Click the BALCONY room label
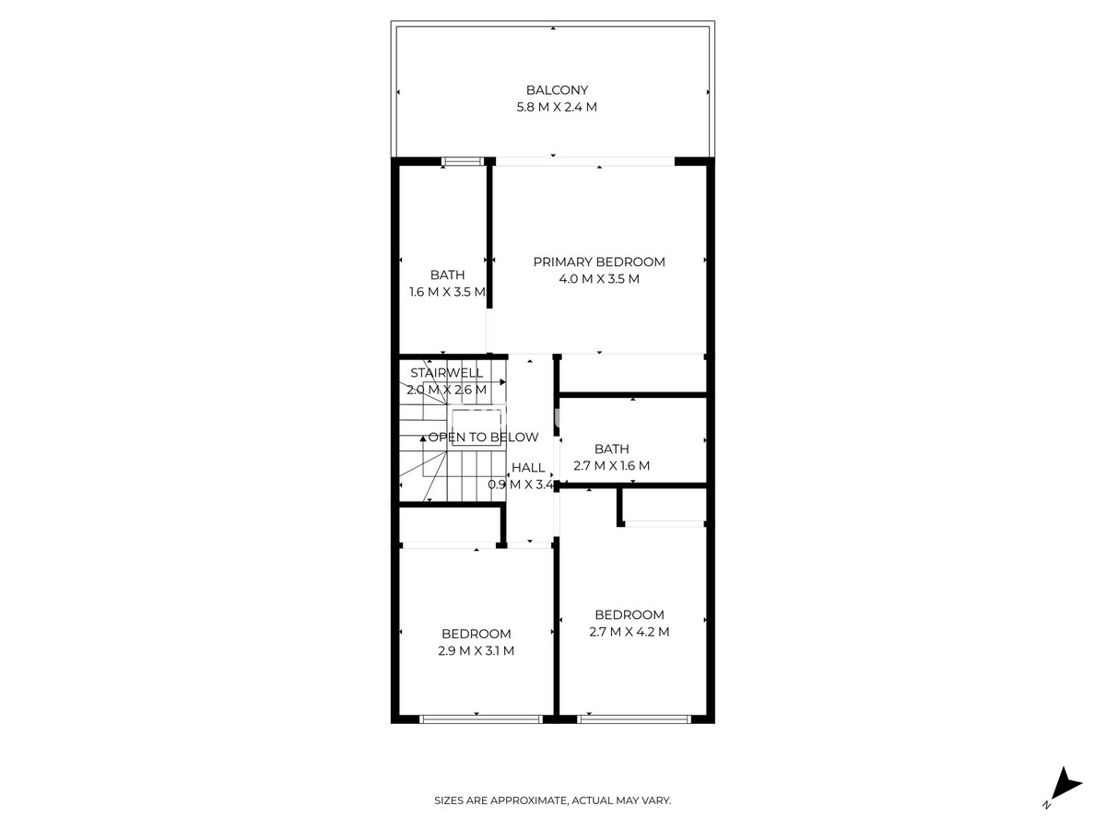(x=557, y=90)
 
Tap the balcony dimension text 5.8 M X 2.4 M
(x=557, y=107)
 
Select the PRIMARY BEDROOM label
(x=599, y=262)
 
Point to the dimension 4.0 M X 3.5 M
(x=599, y=279)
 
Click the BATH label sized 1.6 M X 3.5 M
(x=447, y=274)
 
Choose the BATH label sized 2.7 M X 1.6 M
(x=612, y=449)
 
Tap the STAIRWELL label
(x=447, y=373)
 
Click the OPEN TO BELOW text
(x=483, y=438)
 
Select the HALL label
(x=528, y=468)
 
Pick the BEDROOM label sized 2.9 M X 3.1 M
(x=476, y=634)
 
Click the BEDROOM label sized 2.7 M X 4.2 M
(x=629, y=614)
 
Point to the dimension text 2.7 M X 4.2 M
(x=629, y=632)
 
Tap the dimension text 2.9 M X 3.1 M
(x=476, y=651)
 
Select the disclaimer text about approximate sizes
(x=553, y=801)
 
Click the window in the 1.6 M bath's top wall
(x=463, y=162)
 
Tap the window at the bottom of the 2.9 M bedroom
(x=480, y=718)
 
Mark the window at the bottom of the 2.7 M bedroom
(x=634, y=718)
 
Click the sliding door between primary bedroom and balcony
(x=585, y=163)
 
